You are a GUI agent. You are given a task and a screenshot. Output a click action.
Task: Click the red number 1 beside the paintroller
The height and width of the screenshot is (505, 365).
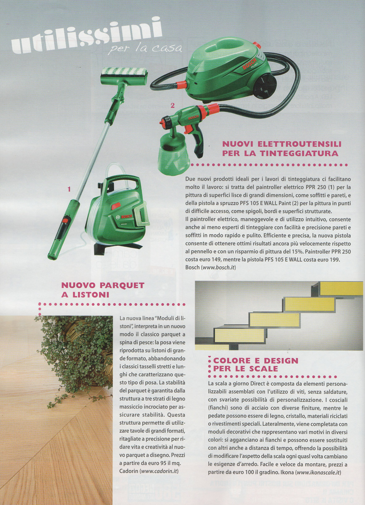click(x=69, y=189)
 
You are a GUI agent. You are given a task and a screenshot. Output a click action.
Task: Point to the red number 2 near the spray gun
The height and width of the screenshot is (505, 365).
click(x=172, y=105)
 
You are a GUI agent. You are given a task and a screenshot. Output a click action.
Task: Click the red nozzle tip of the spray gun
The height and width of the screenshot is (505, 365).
click(x=161, y=123)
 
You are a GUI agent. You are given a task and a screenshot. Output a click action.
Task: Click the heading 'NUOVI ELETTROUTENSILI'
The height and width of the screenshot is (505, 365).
click(x=282, y=144)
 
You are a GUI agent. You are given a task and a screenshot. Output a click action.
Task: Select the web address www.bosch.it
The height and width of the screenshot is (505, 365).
click(x=218, y=267)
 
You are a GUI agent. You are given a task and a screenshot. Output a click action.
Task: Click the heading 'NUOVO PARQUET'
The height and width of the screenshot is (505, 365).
click(x=103, y=285)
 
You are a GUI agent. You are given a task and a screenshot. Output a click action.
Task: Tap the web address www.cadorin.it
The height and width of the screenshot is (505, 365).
click(x=159, y=471)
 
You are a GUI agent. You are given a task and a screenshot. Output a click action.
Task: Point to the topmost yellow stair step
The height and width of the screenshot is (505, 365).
click(x=341, y=288)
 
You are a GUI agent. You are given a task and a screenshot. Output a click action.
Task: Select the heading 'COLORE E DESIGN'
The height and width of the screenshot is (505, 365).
click(x=256, y=360)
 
